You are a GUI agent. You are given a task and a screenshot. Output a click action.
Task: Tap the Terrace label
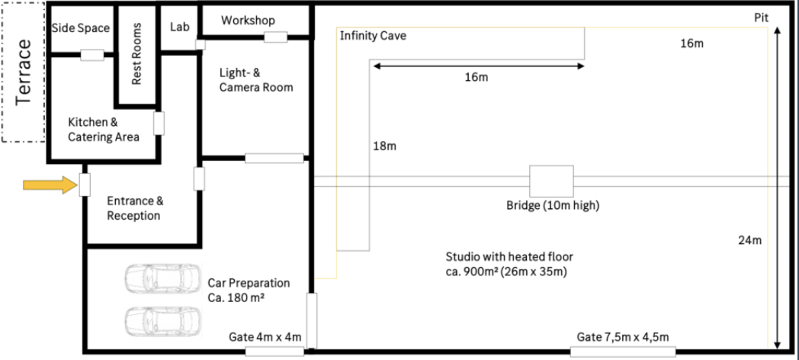[25, 71]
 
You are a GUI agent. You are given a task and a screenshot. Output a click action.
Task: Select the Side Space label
[81, 28]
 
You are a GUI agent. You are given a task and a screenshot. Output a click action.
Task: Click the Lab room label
[179, 26]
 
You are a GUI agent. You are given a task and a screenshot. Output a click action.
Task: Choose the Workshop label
[248, 20]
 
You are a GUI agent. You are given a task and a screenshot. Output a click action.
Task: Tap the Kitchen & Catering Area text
[104, 130]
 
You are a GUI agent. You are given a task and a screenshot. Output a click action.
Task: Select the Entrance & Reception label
[134, 208]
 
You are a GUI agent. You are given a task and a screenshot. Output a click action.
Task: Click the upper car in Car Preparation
[156, 280]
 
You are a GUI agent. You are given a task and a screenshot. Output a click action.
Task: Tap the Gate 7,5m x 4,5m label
[623, 337]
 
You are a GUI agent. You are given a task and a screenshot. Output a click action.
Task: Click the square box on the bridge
[551, 182]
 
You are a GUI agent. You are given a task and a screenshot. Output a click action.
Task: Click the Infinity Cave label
[373, 35]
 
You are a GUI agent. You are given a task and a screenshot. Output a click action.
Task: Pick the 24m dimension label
[750, 240]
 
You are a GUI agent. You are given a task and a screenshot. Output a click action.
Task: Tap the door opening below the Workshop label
[274, 36]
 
